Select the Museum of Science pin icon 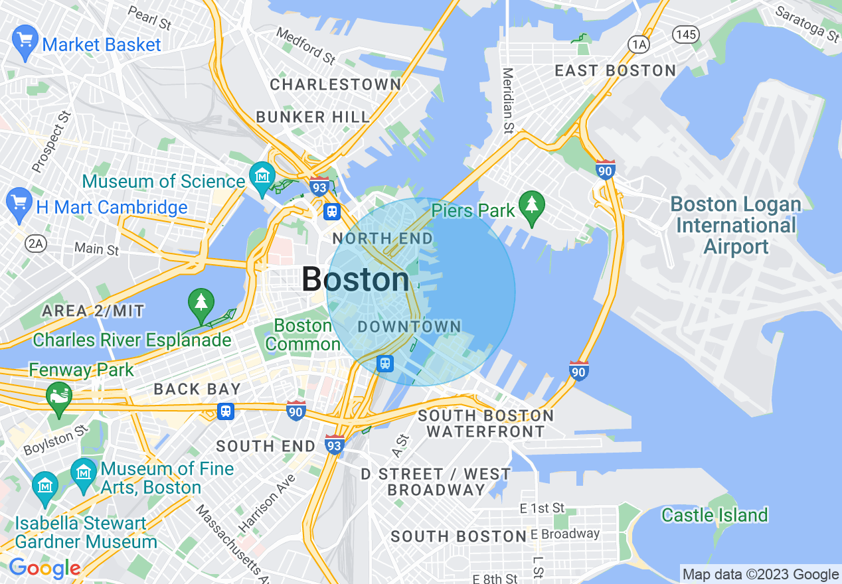point(262,177)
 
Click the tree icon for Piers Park point(531,204)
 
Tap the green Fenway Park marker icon point(59,396)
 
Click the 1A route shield point(639,44)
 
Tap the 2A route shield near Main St point(35,244)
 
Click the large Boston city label point(355,279)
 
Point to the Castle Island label point(715,515)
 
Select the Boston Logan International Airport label point(736,226)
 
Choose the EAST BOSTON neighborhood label point(615,71)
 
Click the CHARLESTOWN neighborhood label point(335,84)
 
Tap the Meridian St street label point(508,100)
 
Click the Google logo point(44,568)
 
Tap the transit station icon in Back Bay point(226,411)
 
